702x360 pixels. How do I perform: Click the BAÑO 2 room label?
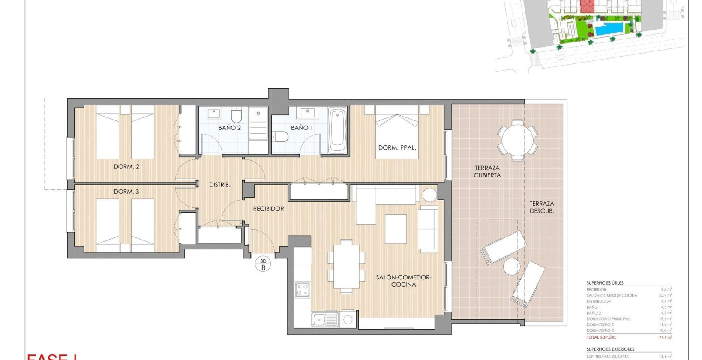point(229,128)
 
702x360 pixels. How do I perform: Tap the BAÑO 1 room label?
point(302,128)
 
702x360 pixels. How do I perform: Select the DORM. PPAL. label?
point(397,147)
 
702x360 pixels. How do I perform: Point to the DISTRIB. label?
point(220,185)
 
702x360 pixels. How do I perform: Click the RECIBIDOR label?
point(268,209)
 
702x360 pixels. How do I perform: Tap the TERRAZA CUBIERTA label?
point(487,171)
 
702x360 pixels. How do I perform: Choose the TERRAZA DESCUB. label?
point(542,207)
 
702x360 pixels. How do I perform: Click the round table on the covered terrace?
point(518,141)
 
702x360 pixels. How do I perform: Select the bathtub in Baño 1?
point(337,129)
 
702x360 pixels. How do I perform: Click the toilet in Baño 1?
point(281,137)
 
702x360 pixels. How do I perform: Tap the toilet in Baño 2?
point(236,116)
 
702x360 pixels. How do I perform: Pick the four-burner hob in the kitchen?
point(302,290)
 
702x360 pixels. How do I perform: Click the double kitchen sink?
point(325,319)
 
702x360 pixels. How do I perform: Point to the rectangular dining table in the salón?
point(346,266)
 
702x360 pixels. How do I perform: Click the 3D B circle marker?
point(263,264)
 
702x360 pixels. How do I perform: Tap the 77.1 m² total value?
point(665,337)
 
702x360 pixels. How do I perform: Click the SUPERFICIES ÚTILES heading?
point(605,283)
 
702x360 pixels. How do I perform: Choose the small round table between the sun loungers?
point(511,267)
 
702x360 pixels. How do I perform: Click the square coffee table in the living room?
point(396,229)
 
